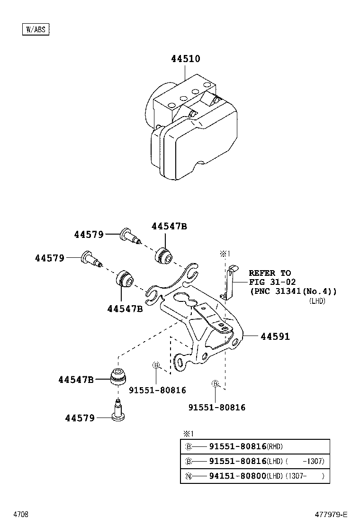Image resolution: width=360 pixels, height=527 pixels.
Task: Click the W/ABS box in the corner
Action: click(36, 29)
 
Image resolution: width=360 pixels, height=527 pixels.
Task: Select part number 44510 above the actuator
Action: click(185, 59)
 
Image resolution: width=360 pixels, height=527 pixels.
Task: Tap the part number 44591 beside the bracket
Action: click(275, 336)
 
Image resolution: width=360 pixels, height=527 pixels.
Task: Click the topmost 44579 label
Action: click(89, 234)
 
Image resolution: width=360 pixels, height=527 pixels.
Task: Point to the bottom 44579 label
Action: click(80, 418)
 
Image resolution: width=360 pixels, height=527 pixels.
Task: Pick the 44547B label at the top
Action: click(169, 226)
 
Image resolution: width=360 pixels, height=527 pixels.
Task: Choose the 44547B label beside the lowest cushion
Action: click(76, 380)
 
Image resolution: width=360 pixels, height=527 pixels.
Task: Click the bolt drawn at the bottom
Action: click(118, 409)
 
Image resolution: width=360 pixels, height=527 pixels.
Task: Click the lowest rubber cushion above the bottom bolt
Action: click(118, 377)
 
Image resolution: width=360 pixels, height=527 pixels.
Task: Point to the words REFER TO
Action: click(270, 273)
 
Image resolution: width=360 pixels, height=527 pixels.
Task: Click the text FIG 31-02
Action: click(272, 282)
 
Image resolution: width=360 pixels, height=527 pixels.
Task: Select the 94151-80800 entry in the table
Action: click(238, 476)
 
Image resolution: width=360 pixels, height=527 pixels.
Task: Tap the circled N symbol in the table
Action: click(189, 476)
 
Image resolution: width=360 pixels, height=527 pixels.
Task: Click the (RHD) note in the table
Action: click(275, 447)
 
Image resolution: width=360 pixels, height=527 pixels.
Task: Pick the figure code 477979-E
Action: click(331, 515)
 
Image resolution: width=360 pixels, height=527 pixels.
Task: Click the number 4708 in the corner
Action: click(21, 515)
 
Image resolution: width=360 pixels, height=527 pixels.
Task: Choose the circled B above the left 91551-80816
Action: click(156, 365)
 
